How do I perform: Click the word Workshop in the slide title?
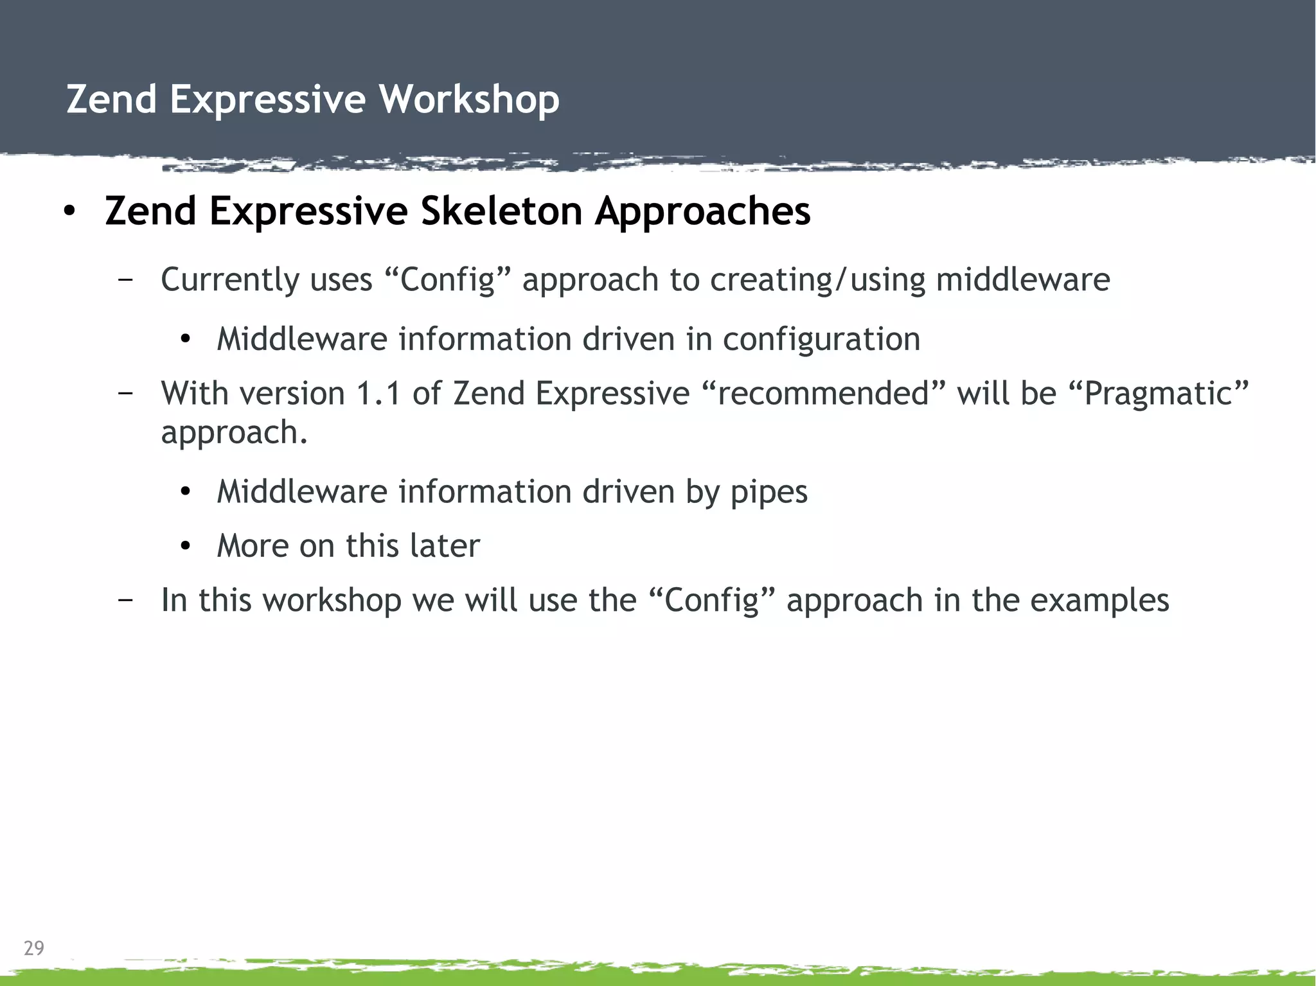[468, 100]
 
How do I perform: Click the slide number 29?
[34, 947]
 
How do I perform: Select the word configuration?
[821, 339]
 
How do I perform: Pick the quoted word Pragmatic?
[1165, 393]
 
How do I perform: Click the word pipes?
[769, 492]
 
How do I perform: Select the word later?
[445, 546]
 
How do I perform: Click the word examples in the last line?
[1099, 600]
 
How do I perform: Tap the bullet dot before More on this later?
[186, 547]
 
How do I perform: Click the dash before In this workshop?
[126, 600]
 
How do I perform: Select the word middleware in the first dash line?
[1023, 281]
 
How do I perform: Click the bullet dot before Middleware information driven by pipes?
[186, 493]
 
